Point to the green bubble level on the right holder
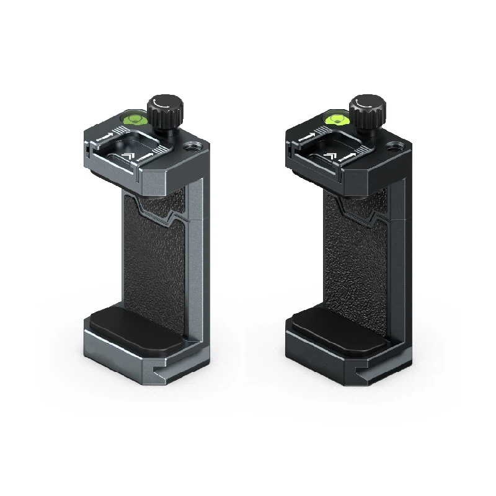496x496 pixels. (x=337, y=117)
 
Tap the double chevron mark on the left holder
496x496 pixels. (x=128, y=156)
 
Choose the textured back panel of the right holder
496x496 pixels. (x=357, y=260)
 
